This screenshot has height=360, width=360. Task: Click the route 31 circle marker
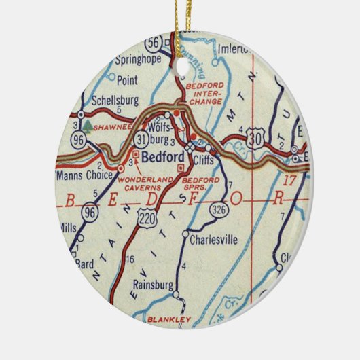pos(141,139)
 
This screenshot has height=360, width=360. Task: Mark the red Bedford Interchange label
pos(205,94)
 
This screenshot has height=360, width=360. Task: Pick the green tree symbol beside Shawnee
pos(88,125)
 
